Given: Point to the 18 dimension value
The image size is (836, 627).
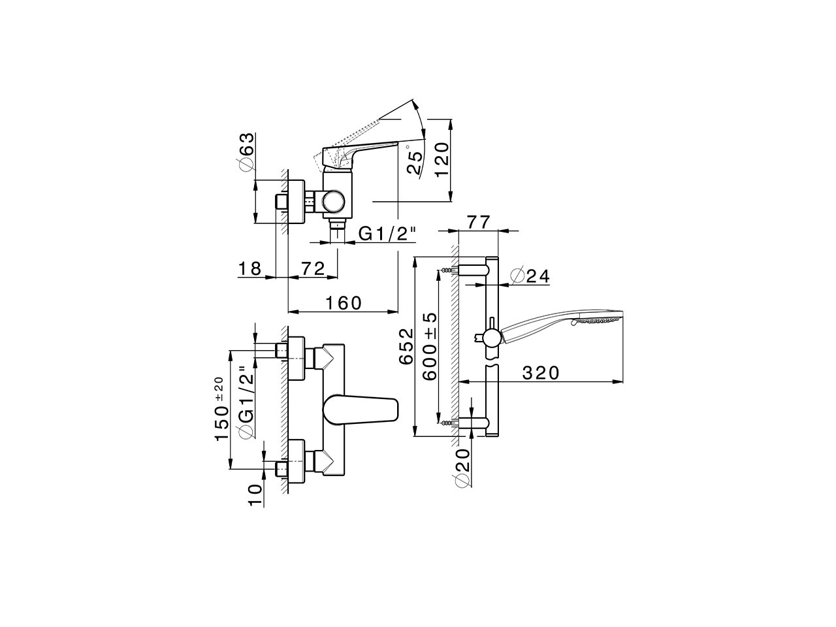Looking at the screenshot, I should click(249, 268).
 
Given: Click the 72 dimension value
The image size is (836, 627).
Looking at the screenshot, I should click(313, 268).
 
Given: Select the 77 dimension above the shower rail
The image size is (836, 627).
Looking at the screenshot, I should click(479, 222).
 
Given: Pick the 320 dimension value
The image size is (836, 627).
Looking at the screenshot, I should click(541, 373).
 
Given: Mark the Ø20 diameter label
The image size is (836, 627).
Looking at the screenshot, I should click(462, 468).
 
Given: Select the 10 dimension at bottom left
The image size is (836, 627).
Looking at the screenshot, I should click(255, 494).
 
